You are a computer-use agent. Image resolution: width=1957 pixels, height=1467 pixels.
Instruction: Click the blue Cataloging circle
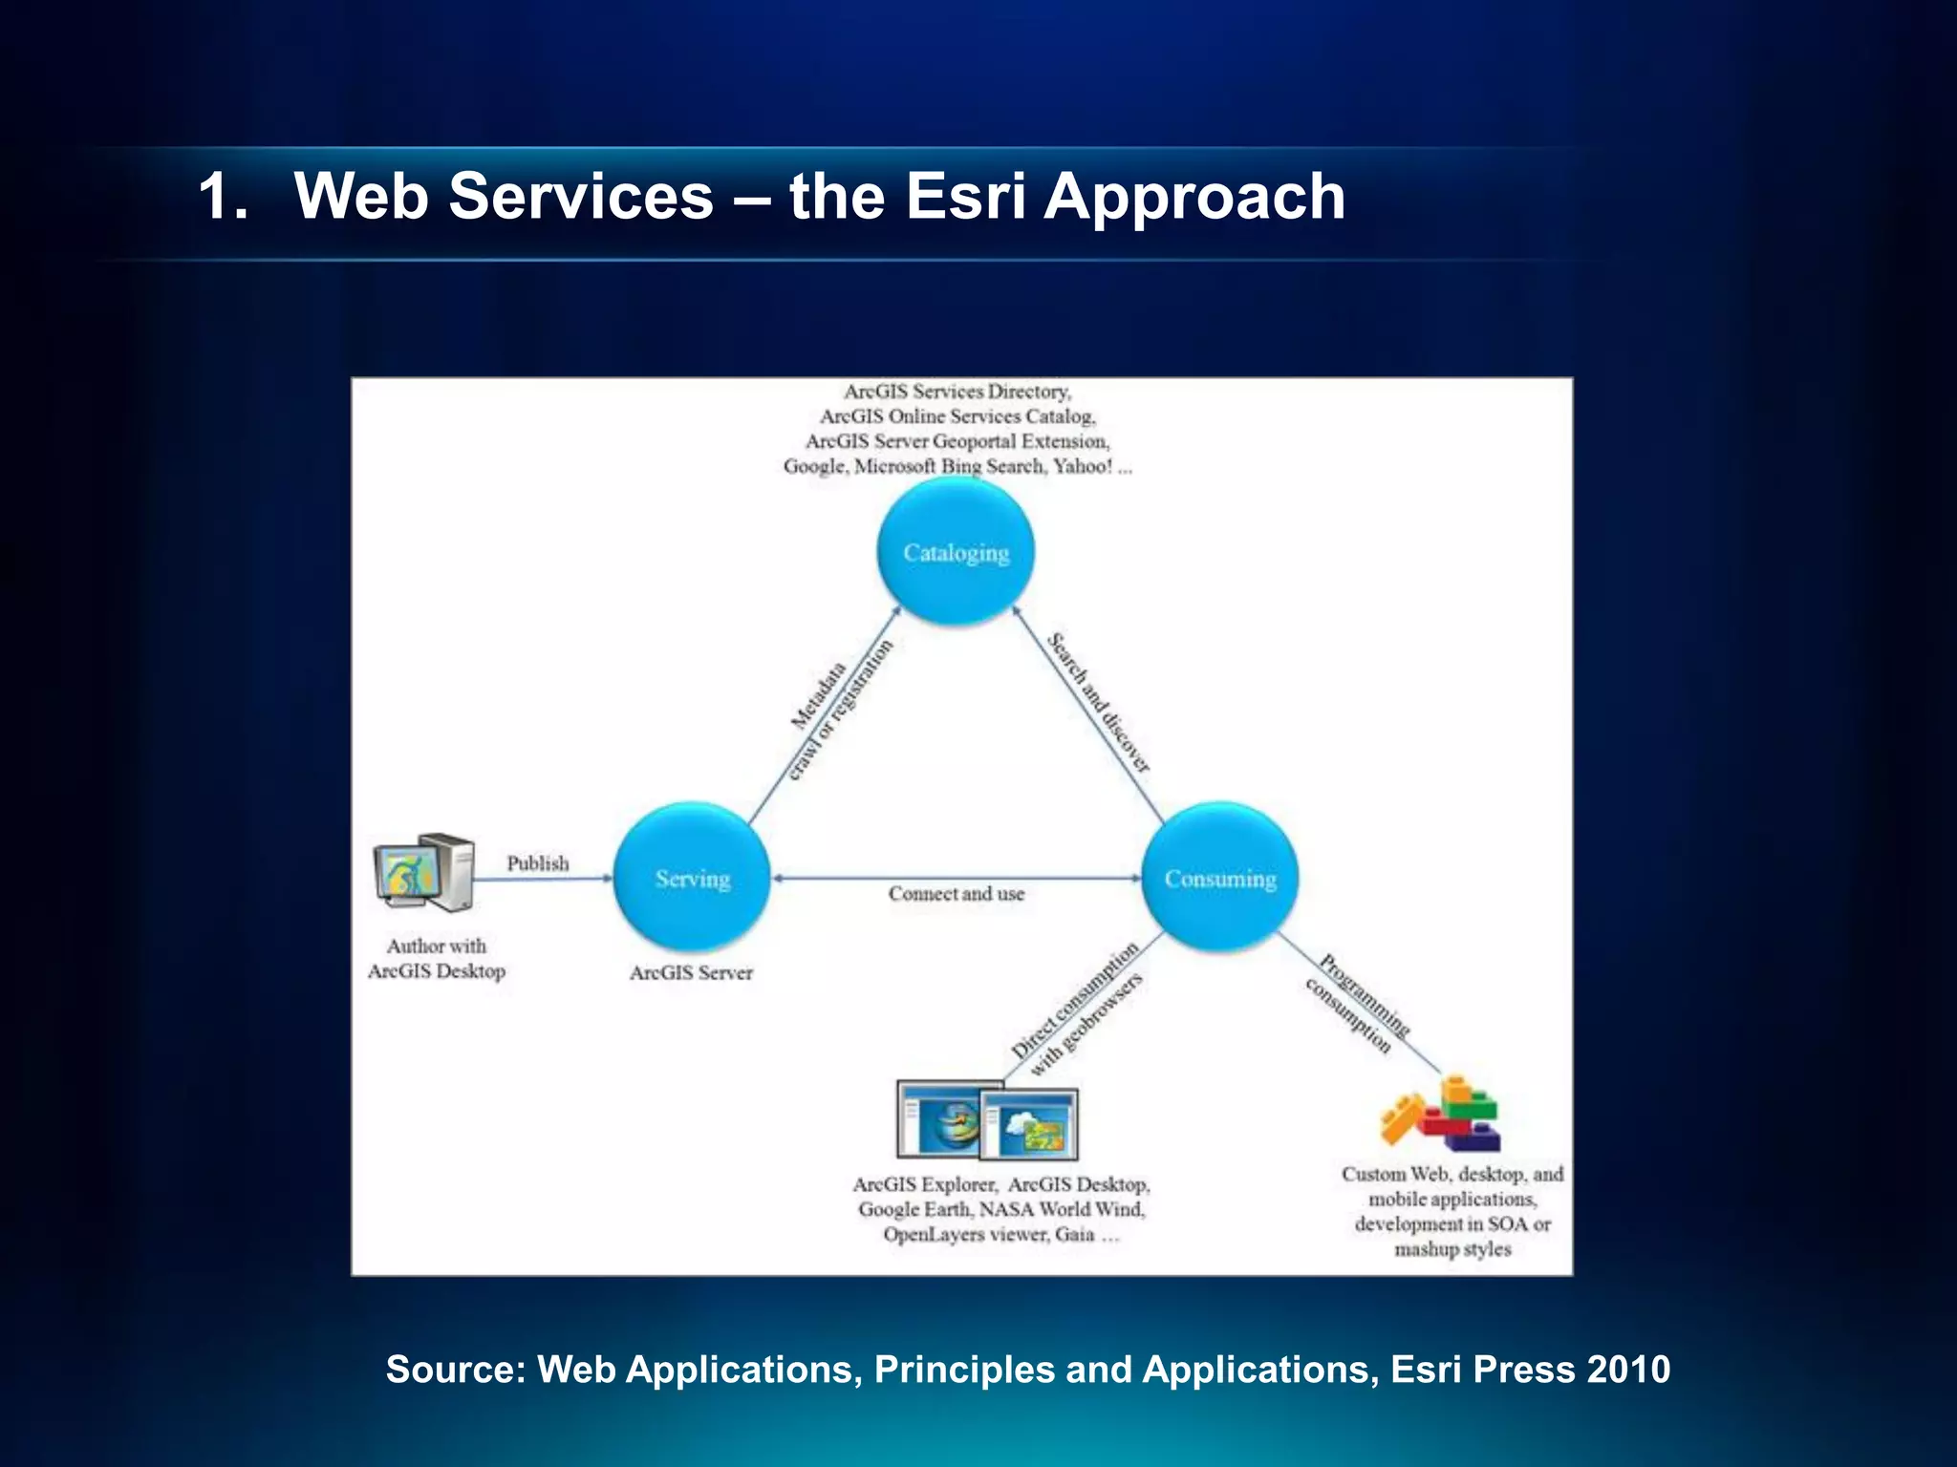pos(956,552)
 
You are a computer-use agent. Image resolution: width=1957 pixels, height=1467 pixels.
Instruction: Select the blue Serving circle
pos(692,878)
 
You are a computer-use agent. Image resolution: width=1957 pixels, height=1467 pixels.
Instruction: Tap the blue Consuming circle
pos(1220,878)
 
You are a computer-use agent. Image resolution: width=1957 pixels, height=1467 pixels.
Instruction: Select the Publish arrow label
pos(537,863)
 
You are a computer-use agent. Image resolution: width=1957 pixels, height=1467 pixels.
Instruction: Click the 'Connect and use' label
pos(956,894)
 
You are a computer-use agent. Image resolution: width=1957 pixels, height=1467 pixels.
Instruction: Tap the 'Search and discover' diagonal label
pos(1098,702)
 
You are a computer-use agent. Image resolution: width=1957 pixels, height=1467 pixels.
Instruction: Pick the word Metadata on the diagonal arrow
pos(819,696)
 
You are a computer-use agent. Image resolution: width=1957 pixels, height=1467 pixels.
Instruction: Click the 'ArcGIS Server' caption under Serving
pos(691,973)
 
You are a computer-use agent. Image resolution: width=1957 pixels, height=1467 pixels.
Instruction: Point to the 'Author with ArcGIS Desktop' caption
pos(437,959)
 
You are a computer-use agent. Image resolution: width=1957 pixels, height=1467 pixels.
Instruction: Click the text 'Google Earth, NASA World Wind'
pos(1001,1209)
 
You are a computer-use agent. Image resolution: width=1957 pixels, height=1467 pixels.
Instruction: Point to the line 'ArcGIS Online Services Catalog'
pos(957,416)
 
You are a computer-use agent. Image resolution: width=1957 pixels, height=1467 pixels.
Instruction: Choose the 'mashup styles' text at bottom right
pos(1452,1249)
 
